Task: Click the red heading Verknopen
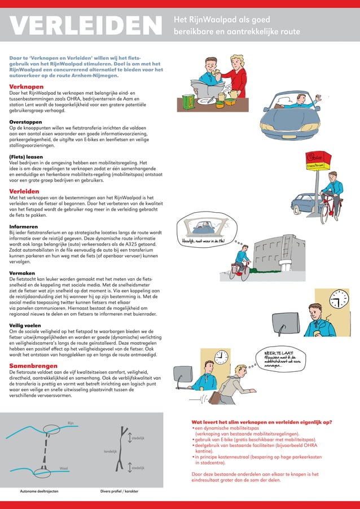click(27, 86)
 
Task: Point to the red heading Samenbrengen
click(33, 366)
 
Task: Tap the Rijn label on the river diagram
click(71, 423)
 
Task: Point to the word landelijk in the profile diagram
click(110, 451)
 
